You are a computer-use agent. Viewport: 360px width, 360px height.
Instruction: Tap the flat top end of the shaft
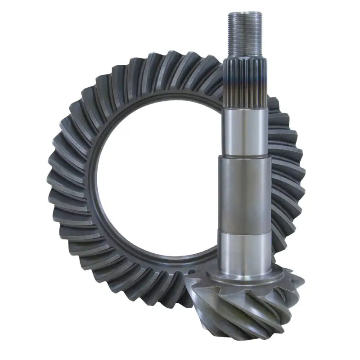pyautogui.click(x=245, y=13)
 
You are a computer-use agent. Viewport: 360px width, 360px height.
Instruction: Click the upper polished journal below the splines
pyautogui.click(x=246, y=130)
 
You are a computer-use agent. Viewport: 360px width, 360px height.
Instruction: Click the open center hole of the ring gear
pyautogui.click(x=157, y=180)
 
